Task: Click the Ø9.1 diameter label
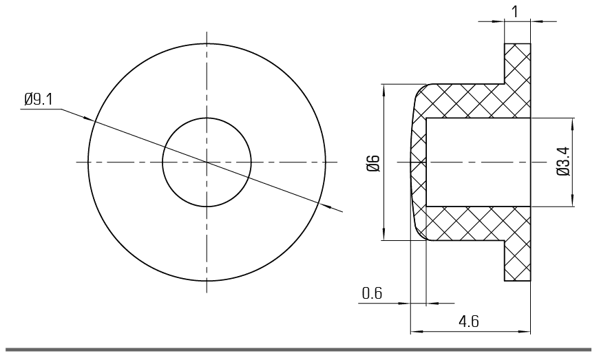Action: pyautogui.click(x=39, y=99)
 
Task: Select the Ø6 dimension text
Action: pyautogui.click(x=374, y=163)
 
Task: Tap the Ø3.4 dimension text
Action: pyautogui.click(x=563, y=161)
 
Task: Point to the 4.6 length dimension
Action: pyautogui.click(x=469, y=321)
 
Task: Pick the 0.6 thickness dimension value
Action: pyautogui.click(x=372, y=293)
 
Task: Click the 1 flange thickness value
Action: pyautogui.click(x=515, y=12)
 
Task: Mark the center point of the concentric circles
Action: pyautogui.click(x=207, y=162)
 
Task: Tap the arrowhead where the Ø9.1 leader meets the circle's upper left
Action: pyautogui.click(x=89, y=118)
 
